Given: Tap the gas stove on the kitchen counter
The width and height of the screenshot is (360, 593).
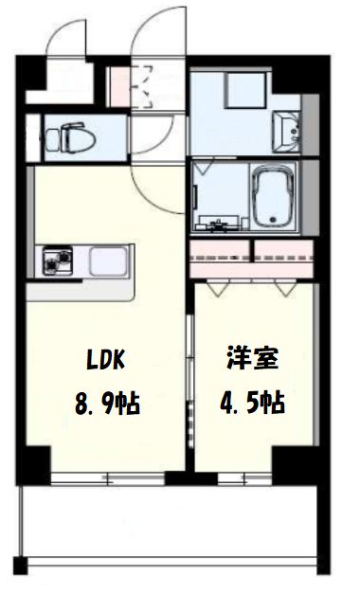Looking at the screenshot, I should tap(55, 261).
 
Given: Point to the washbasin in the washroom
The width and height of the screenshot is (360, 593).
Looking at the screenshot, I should tap(286, 128).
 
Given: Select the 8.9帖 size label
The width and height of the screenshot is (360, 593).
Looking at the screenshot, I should tap(107, 404).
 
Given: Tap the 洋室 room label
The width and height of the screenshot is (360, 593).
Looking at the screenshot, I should tap(253, 360).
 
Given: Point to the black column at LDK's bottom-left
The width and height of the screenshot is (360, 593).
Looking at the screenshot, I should tap(35, 463).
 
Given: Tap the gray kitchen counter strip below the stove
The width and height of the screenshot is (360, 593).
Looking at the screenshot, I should tap(81, 290).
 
